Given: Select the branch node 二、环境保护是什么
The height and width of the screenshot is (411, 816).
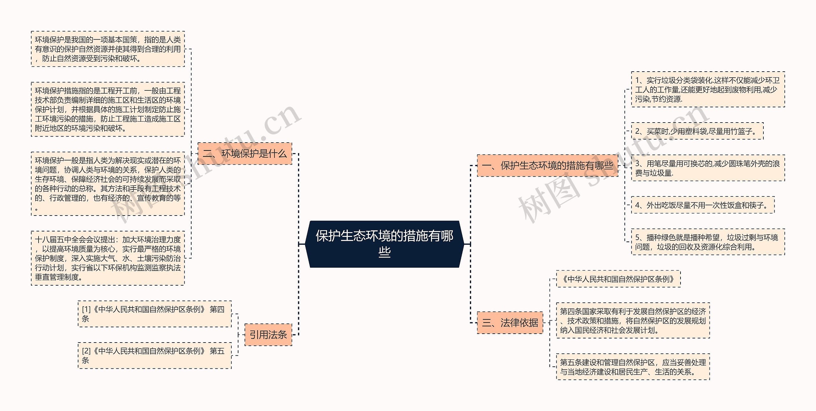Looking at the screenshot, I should click(x=245, y=154).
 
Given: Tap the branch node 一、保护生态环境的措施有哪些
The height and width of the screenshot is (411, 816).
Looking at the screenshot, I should click(x=547, y=166).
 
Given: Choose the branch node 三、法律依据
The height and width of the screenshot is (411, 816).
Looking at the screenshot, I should click(x=510, y=323).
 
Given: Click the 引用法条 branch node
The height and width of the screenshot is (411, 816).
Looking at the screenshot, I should click(x=268, y=335).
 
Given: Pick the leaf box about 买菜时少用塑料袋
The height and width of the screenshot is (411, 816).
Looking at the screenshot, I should click(x=697, y=131).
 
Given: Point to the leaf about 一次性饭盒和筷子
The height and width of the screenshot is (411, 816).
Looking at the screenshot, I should click(x=703, y=205).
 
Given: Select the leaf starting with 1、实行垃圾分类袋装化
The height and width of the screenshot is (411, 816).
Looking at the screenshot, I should click(x=708, y=89).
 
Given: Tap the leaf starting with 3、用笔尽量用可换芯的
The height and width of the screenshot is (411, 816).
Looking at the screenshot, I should click(x=708, y=168).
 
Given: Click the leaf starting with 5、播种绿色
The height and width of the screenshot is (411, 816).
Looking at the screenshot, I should click(x=708, y=242).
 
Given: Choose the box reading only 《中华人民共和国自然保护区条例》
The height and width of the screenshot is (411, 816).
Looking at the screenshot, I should click(x=618, y=279).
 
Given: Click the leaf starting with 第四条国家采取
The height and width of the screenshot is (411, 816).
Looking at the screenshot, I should click(x=633, y=321).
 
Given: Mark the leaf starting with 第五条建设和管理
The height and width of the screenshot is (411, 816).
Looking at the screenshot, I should click(x=633, y=367).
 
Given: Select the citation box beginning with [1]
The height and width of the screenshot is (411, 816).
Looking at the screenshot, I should click(x=155, y=314).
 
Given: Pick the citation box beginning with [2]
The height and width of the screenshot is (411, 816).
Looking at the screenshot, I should click(x=155, y=356).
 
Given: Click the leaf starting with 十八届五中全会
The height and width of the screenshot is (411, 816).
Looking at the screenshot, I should click(x=108, y=258).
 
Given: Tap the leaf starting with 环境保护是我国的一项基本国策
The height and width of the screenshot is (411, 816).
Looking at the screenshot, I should click(x=108, y=49).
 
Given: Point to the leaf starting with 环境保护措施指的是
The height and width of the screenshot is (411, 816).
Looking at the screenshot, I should click(x=108, y=110).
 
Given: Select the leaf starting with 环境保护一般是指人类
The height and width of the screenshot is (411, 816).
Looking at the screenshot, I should click(x=108, y=184).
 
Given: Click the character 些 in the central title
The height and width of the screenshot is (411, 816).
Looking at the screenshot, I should click(x=384, y=252).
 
